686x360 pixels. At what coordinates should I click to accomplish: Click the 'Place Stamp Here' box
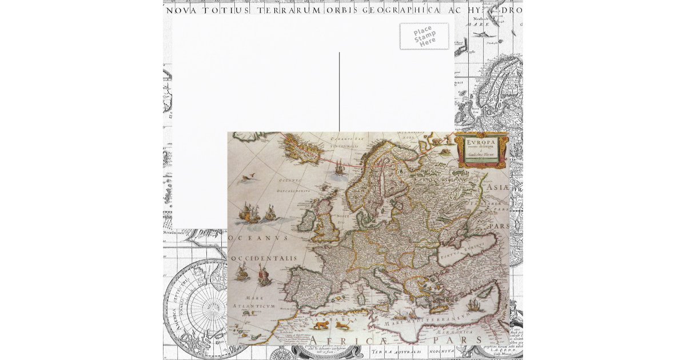point(424,36)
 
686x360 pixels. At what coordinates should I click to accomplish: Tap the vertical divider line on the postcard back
point(339,91)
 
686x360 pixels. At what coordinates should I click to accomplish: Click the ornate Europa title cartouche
point(481,150)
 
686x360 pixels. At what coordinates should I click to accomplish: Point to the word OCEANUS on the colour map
point(256,237)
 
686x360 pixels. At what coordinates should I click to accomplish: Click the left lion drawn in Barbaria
point(320,326)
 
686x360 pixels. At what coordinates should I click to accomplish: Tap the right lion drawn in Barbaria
point(342,326)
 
